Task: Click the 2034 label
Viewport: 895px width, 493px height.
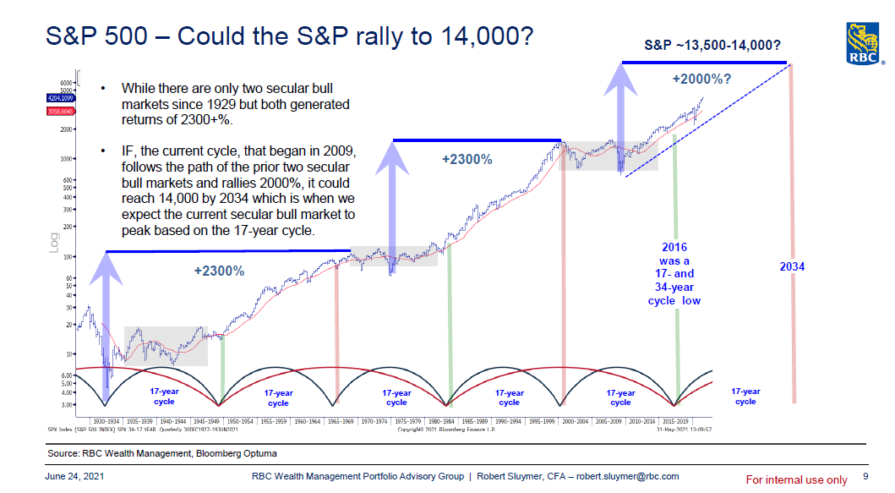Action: pos(792,266)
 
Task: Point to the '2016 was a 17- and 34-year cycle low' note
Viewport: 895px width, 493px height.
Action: pos(674,274)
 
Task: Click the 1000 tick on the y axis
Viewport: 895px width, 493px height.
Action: pos(66,158)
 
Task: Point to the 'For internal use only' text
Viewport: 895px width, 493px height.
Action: pos(795,479)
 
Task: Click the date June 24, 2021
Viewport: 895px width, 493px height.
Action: pos(74,476)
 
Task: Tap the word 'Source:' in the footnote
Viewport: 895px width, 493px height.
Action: pos(65,454)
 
